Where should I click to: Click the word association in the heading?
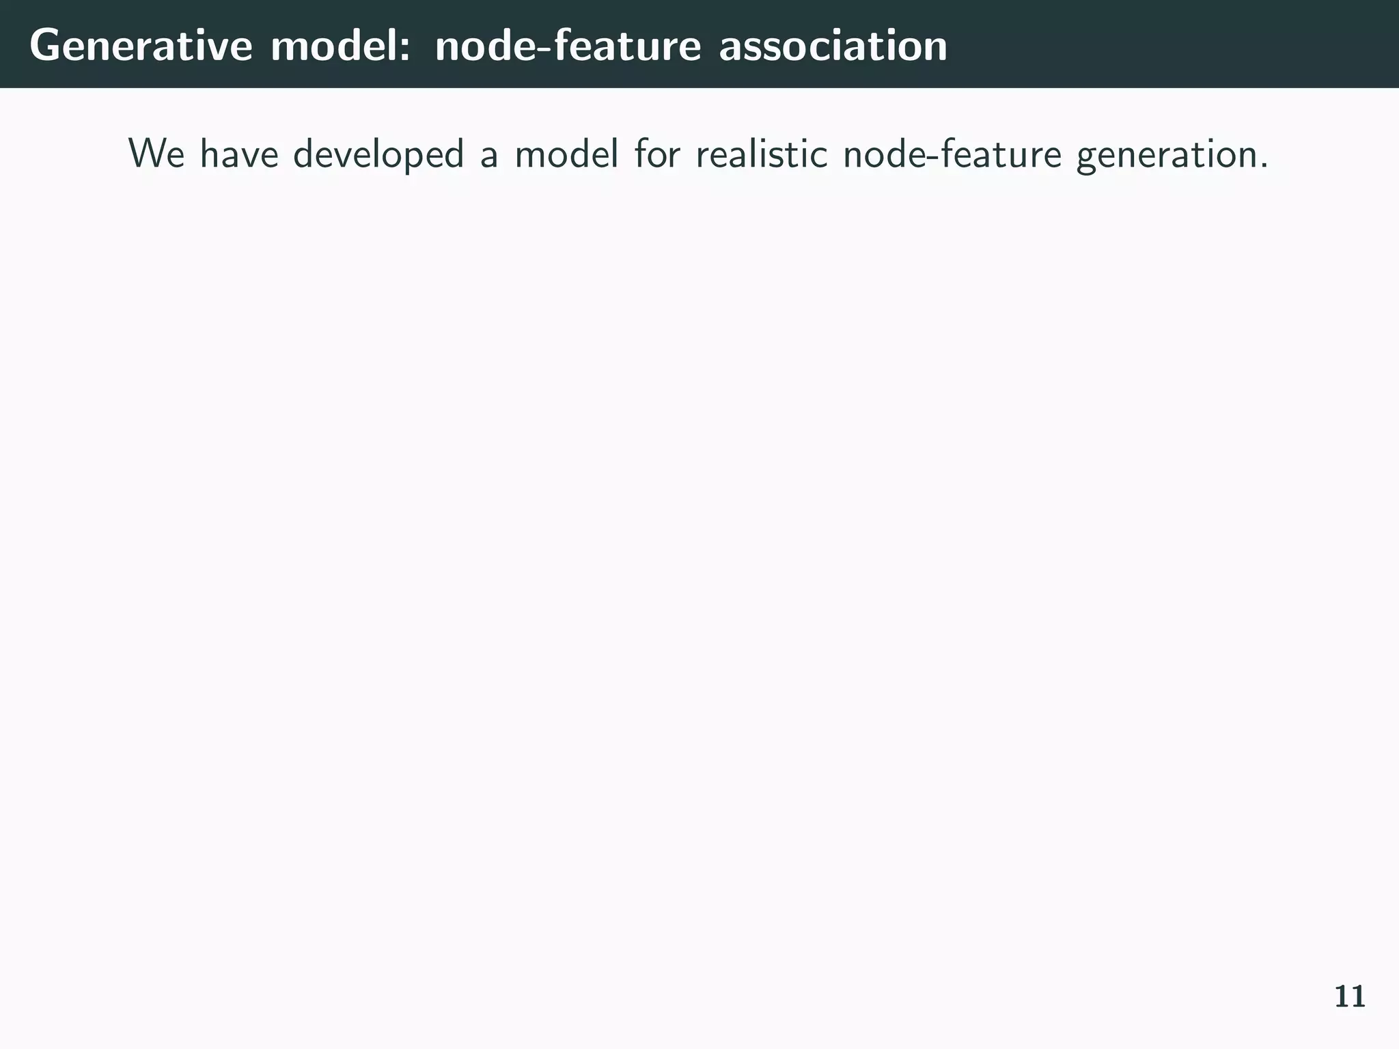click(x=833, y=46)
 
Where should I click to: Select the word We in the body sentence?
click(x=156, y=154)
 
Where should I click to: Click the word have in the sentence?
click(x=239, y=154)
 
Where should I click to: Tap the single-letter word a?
click(x=488, y=157)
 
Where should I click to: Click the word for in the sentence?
click(x=657, y=154)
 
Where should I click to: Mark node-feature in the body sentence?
click(x=952, y=154)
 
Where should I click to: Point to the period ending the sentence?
click(x=1264, y=166)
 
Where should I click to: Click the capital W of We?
click(x=147, y=154)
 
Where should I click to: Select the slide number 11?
click(x=1349, y=997)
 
